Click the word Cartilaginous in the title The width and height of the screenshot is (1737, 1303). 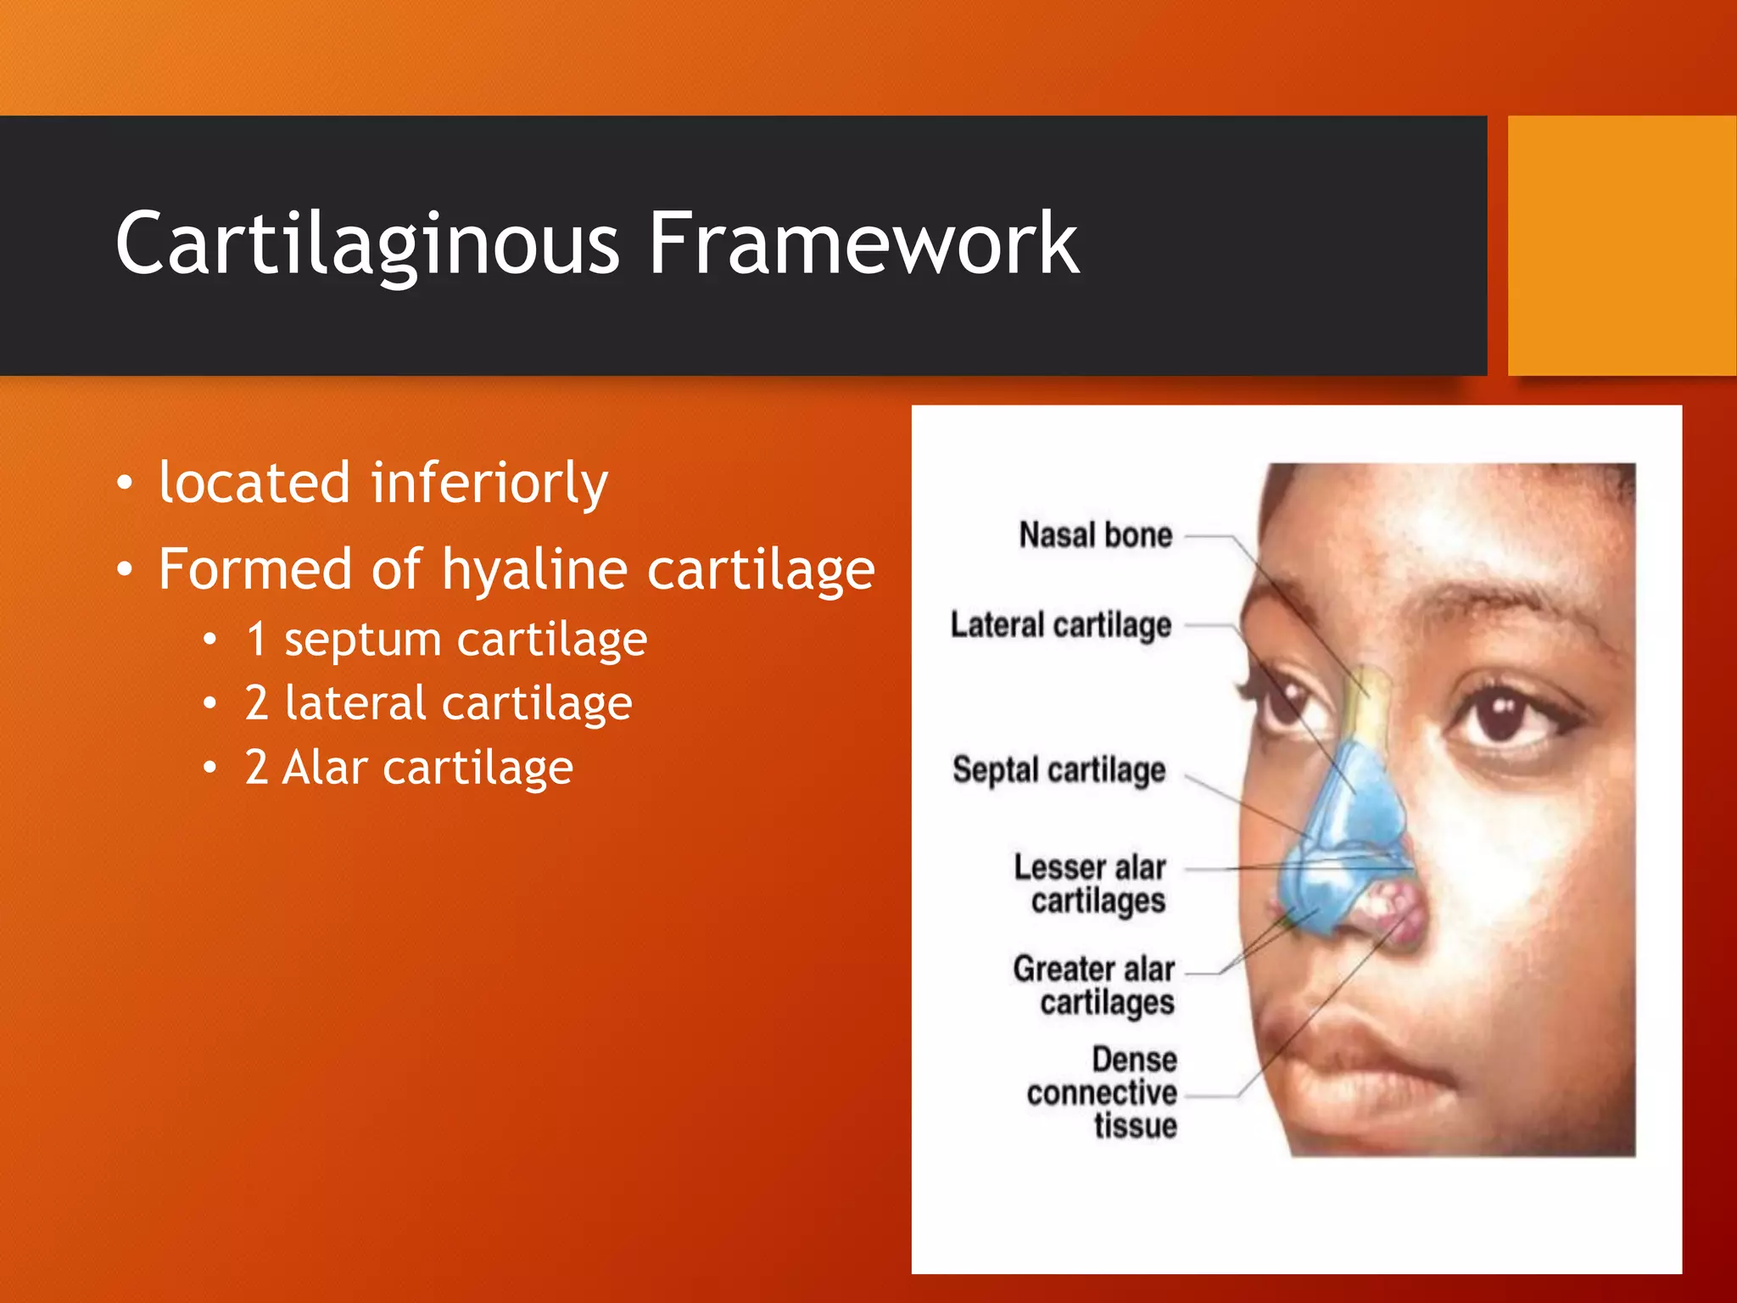[366, 244]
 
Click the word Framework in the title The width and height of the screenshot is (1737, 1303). [863, 244]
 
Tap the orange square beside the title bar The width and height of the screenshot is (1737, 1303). [1622, 246]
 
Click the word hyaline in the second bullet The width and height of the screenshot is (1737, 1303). [535, 569]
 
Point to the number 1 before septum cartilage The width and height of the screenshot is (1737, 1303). [257, 639]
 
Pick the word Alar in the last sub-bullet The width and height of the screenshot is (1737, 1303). [325, 768]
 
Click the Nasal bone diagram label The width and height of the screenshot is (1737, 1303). [1095, 536]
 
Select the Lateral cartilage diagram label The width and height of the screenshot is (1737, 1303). [1060, 625]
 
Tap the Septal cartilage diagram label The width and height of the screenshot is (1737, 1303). [1058, 770]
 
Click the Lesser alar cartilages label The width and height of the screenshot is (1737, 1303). [1092, 884]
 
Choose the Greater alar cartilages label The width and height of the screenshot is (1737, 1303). [1094, 985]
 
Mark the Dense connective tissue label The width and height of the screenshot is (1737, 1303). [1103, 1093]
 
